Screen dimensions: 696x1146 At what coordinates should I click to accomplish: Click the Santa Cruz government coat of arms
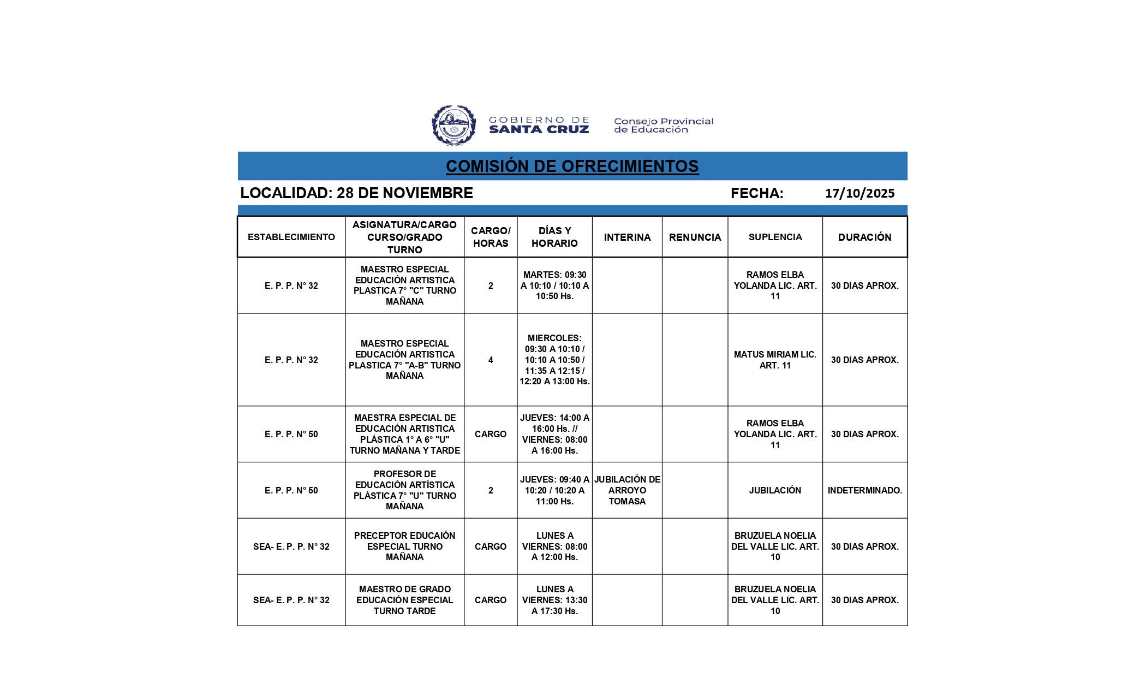coord(453,126)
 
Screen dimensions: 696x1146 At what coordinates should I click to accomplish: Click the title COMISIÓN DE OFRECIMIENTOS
coord(572,166)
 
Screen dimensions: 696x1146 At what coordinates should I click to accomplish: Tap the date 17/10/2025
coord(859,193)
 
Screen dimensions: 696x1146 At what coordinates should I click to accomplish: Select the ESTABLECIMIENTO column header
coord(291,237)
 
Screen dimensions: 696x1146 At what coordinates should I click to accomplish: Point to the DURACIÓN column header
coord(864,237)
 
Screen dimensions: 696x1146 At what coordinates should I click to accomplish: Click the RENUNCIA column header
coord(695,237)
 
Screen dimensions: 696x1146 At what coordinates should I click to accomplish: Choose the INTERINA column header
coord(627,237)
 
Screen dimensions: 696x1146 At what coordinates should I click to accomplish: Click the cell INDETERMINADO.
coord(864,490)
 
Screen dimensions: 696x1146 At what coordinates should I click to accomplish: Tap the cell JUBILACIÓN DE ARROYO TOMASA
coord(627,490)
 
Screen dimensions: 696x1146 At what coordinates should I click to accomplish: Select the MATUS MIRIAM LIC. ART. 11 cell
coord(775,360)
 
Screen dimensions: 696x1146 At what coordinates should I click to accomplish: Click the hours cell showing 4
coord(491,360)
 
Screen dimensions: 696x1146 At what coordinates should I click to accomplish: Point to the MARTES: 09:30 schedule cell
coord(554,285)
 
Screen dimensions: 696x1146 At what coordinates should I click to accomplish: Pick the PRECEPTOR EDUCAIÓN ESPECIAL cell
coord(404,546)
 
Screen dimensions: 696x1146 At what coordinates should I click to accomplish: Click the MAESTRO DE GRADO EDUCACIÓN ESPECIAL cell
coord(404,600)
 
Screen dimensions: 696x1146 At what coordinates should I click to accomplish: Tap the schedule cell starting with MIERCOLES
coord(554,360)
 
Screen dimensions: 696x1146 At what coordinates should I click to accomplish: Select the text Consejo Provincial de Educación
coord(663,126)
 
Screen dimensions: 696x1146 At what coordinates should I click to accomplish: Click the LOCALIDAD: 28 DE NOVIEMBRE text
coord(356,193)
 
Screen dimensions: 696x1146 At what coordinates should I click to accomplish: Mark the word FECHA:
coord(757,193)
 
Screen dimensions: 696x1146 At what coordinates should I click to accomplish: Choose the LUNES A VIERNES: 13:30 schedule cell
coord(554,600)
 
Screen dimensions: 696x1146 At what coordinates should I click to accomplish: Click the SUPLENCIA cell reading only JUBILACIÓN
coord(775,490)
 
